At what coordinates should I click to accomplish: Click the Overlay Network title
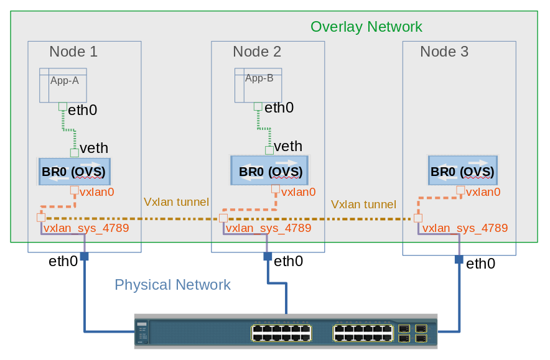coord(366,27)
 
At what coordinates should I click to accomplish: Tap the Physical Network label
coord(172,285)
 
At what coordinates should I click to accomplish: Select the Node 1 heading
coord(73,52)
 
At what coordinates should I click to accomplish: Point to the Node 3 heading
coord(444,52)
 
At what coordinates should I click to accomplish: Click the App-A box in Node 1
coord(63,85)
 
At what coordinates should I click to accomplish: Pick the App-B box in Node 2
coord(258,85)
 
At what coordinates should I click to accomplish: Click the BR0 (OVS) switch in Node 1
coord(73,171)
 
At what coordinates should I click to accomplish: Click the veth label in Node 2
coord(288,147)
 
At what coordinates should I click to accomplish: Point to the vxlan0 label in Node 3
coord(483,192)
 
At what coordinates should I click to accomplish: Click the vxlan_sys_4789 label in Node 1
coord(86,228)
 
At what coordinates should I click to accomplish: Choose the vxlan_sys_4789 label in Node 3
coord(465,228)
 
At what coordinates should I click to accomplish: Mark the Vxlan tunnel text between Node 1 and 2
coord(176,202)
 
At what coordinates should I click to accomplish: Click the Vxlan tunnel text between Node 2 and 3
coord(363,204)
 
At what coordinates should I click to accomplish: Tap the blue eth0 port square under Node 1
coord(84,256)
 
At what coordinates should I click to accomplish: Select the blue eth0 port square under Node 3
coord(459,259)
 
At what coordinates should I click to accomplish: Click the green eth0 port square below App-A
coord(62,106)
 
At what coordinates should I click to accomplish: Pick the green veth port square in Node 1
coord(75,152)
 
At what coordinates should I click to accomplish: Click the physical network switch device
coord(286,331)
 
